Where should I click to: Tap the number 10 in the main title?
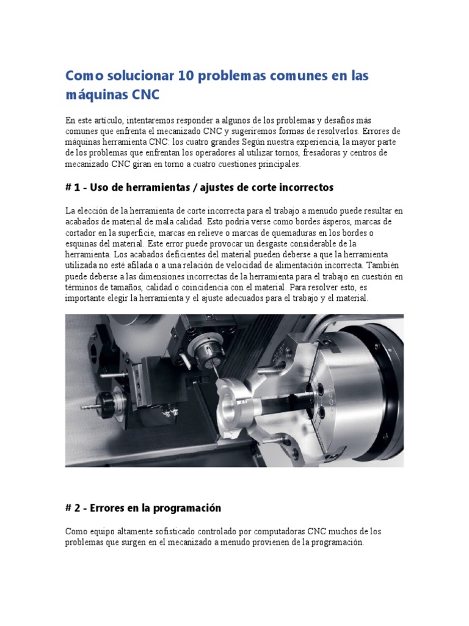[x=187, y=76]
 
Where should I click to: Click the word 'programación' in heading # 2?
[x=189, y=508]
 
